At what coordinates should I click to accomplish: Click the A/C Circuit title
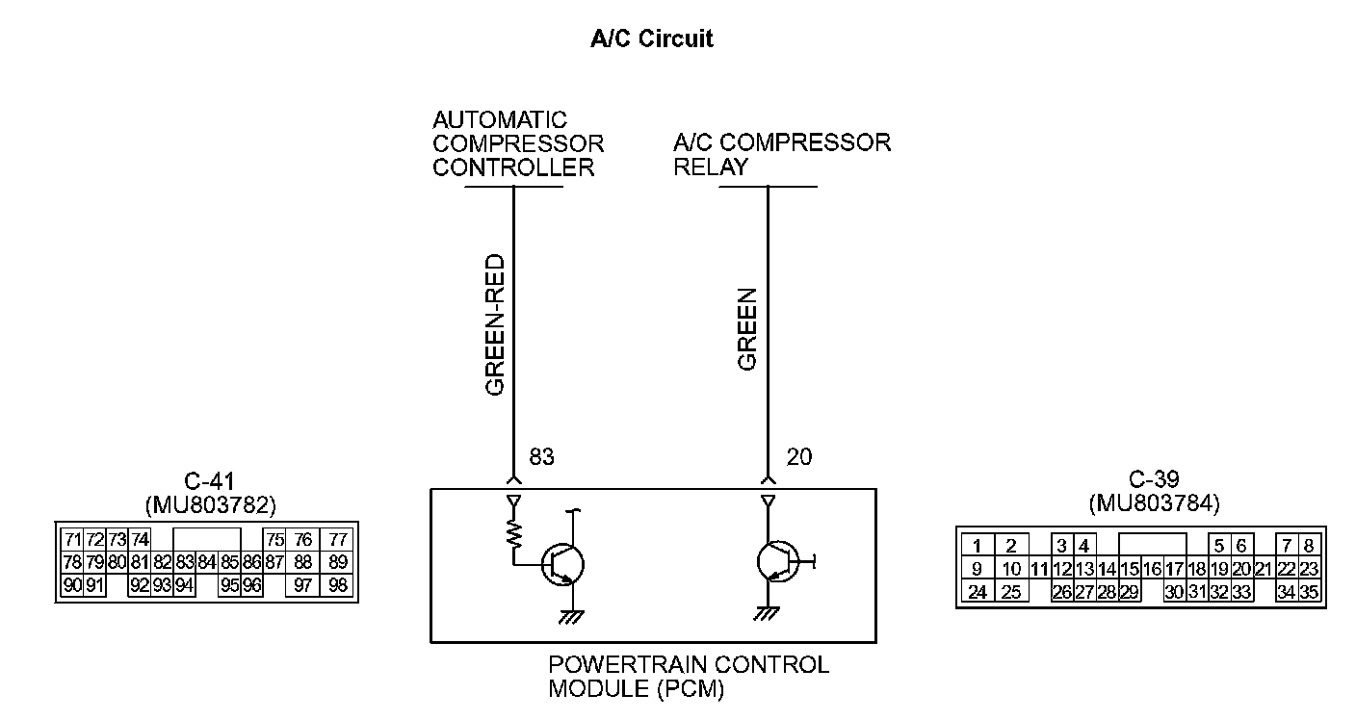pyautogui.click(x=651, y=39)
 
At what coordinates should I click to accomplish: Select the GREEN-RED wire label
pyautogui.click(x=495, y=325)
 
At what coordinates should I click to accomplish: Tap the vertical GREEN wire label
pyautogui.click(x=748, y=329)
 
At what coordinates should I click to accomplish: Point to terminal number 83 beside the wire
pyautogui.click(x=542, y=456)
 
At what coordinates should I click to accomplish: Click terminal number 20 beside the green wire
pyautogui.click(x=798, y=456)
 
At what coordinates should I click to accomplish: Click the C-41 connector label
pyautogui.click(x=208, y=481)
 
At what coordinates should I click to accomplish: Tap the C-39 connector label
pyautogui.click(x=1154, y=479)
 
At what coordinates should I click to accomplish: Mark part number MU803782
pyautogui.click(x=209, y=503)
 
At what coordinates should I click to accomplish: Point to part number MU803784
pyautogui.click(x=1154, y=502)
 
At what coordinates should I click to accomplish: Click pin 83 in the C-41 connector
pyautogui.click(x=184, y=561)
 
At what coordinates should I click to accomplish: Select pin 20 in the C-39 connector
pyautogui.click(x=1241, y=569)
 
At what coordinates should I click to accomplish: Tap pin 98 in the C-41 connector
pyautogui.click(x=337, y=584)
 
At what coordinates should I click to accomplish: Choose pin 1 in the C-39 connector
pyautogui.click(x=977, y=546)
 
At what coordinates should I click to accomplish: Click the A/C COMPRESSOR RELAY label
pyautogui.click(x=781, y=154)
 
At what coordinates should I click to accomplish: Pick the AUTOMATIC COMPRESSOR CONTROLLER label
pyautogui.click(x=518, y=143)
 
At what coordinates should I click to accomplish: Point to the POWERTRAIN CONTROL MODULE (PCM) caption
pyautogui.click(x=688, y=676)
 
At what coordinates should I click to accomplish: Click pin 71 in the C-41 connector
pyautogui.click(x=72, y=539)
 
